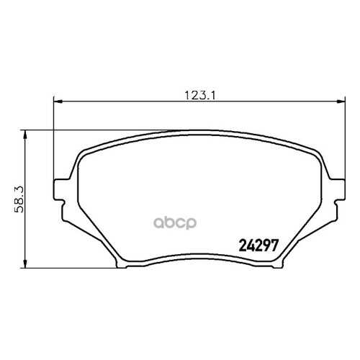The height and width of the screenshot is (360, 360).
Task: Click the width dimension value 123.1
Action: coord(201,96)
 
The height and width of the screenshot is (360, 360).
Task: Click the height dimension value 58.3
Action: coord(19,199)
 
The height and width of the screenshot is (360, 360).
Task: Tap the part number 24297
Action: coord(258,246)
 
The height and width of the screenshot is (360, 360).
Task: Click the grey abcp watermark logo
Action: coord(175,222)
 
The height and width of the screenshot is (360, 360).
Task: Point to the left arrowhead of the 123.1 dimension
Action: coord(58,102)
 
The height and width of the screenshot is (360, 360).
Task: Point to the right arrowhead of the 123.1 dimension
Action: coord(341,102)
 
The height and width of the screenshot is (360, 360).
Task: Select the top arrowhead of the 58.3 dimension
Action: coord(24,135)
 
